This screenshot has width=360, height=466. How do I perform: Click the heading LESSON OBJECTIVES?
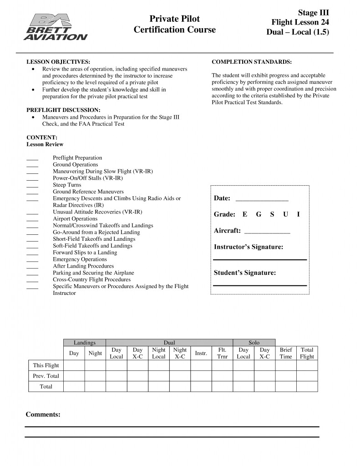pyautogui.click(x=58, y=62)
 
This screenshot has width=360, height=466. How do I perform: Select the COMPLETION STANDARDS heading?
pyautogui.click(x=252, y=62)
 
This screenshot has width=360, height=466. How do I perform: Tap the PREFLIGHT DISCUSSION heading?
pyautogui.click(x=63, y=110)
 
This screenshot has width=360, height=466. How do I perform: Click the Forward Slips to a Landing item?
pyautogui.click(x=85, y=253)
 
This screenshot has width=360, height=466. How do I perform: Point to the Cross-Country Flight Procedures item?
pyautogui.click(x=91, y=279)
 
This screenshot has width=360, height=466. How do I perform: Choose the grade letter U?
pyautogui.click(x=285, y=214)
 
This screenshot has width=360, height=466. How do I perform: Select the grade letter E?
pyautogui.click(x=245, y=214)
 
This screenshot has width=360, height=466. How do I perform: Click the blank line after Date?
pyautogui.click(x=262, y=200)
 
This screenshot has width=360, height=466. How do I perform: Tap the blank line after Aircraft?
pyautogui.click(x=267, y=233)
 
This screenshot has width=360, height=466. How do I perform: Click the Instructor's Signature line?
pyautogui.click(x=260, y=259)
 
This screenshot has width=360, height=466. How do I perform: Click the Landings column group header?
pyautogui.click(x=85, y=343)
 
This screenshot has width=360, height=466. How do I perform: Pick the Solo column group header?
pyautogui.click(x=254, y=343)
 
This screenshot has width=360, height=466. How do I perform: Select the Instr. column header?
pyautogui.click(x=201, y=353)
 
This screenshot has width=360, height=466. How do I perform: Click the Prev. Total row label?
pyautogui.click(x=46, y=376)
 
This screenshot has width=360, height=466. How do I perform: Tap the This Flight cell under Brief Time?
pyautogui.click(x=286, y=365)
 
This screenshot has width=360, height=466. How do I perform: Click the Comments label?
pyautogui.click(x=43, y=415)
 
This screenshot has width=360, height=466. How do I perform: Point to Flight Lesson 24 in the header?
pyautogui.click(x=300, y=22)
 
